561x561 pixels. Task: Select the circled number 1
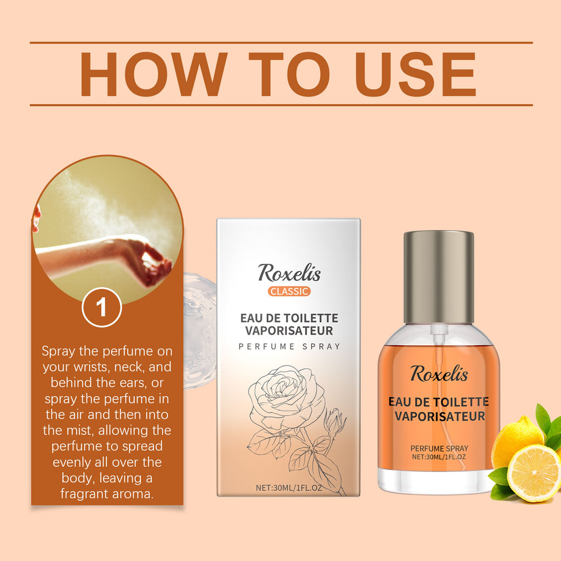coord(101,308)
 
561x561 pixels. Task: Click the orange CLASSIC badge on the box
coord(289,291)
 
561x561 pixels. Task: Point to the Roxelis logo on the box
coord(289,272)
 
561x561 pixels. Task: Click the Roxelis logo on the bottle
coord(439,374)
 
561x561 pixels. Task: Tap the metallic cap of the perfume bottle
coord(439,277)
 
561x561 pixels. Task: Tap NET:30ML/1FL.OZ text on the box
coord(289,487)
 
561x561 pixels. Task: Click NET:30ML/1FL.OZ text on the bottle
coord(439,456)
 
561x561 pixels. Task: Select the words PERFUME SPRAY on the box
coord(289,346)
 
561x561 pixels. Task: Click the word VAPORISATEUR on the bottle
coord(439,416)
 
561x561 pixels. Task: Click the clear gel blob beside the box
coord(198,329)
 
